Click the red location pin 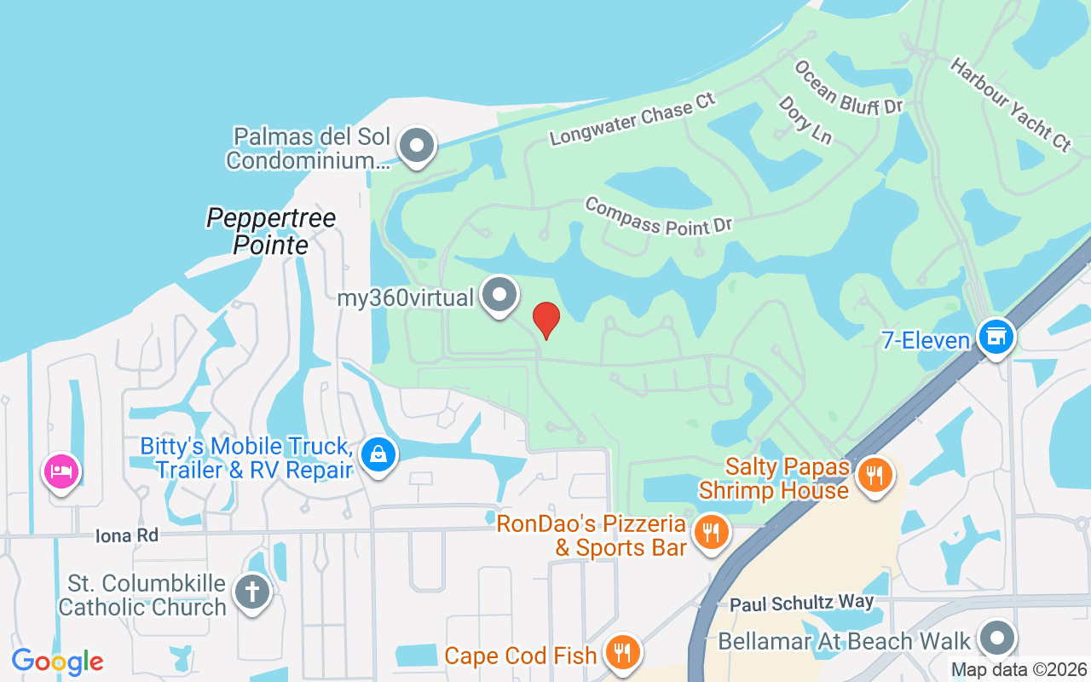click(546, 320)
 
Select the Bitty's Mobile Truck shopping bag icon click(378, 454)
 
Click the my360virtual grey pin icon click(499, 295)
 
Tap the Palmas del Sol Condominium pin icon click(417, 145)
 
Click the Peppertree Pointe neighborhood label click(271, 231)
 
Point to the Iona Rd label click(127, 535)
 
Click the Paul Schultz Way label click(802, 603)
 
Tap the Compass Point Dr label click(659, 215)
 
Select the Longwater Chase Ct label click(632, 119)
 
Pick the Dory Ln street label click(805, 119)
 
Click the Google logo click(57, 661)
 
